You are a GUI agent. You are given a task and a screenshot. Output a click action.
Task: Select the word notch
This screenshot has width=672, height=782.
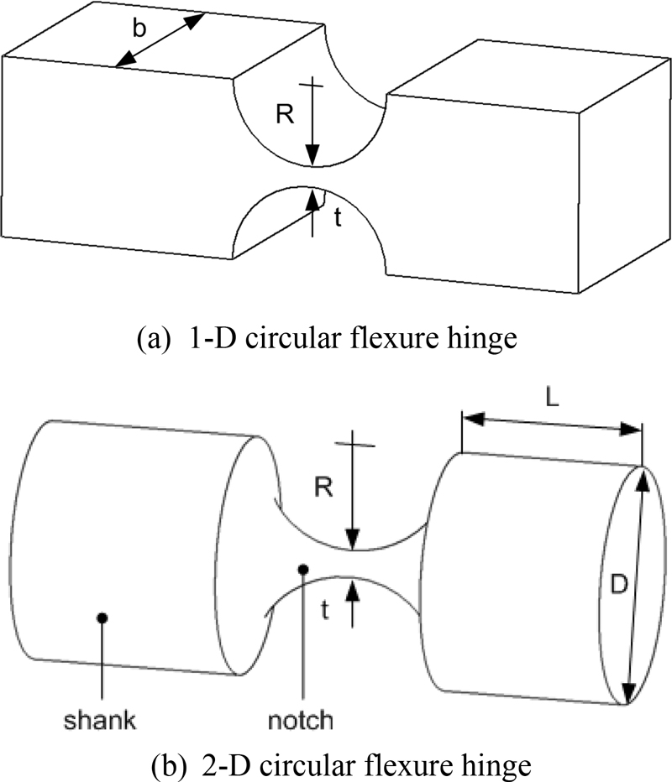tap(303, 719)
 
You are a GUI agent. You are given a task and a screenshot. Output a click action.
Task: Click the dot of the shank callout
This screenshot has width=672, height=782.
tap(102, 618)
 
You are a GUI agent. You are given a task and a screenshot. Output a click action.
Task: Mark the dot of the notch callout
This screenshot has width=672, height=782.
tap(303, 570)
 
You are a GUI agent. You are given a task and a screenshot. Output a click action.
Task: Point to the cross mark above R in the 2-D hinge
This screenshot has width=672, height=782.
tap(354, 442)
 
